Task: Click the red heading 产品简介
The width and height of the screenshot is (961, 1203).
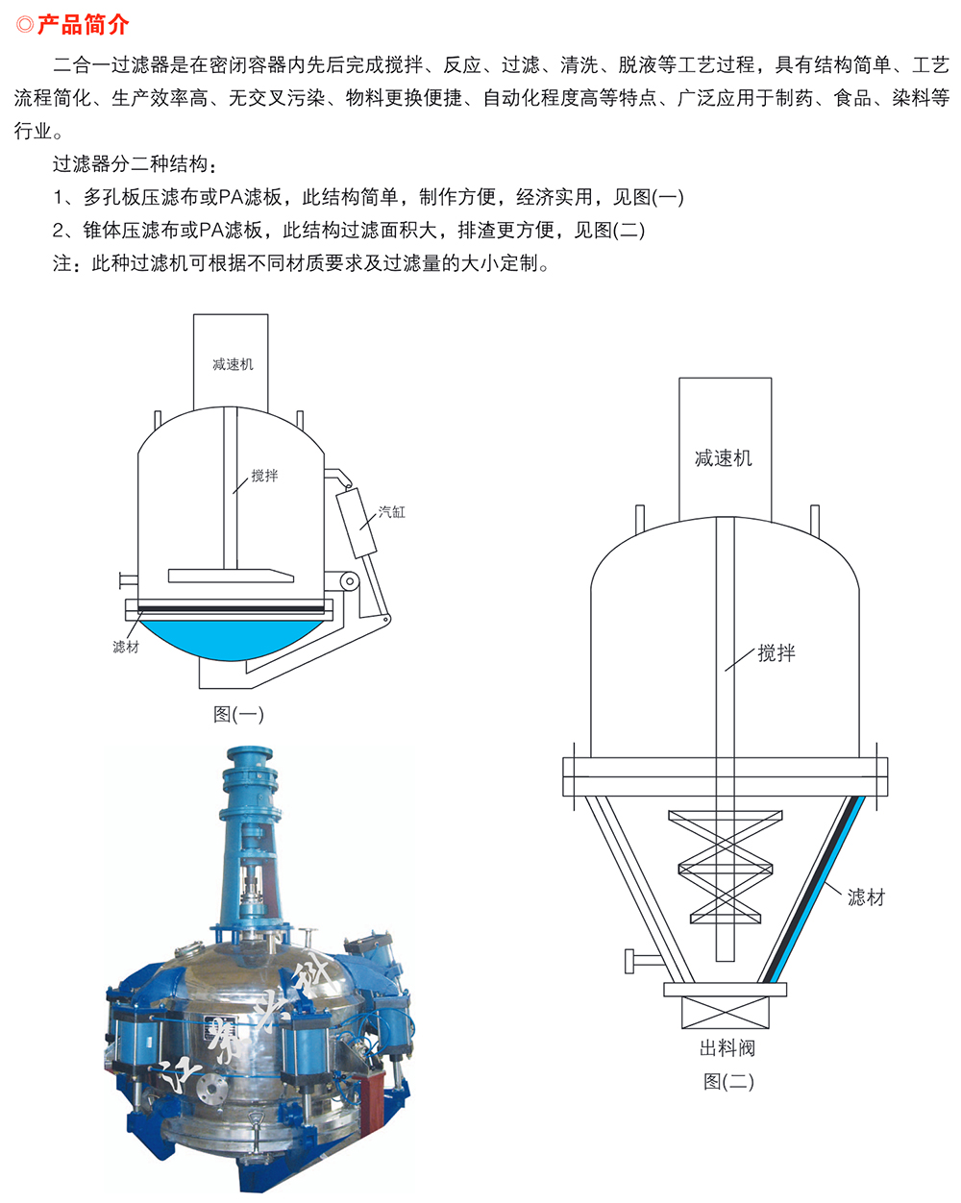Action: pyautogui.click(x=83, y=25)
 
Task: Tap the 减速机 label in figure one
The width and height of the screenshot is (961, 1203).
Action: pyautogui.click(x=233, y=364)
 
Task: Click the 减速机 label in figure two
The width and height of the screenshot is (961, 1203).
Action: pyautogui.click(x=724, y=458)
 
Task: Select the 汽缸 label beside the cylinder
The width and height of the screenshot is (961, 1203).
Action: pyautogui.click(x=391, y=512)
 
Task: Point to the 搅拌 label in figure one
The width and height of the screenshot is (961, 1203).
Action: pyautogui.click(x=264, y=476)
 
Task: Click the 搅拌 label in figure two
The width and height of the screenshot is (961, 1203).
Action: pyautogui.click(x=776, y=653)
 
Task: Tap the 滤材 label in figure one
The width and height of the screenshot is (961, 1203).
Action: pyautogui.click(x=126, y=647)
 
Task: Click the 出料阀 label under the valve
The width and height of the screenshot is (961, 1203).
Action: pyautogui.click(x=727, y=1048)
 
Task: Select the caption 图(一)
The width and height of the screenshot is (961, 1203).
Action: pyautogui.click(x=238, y=714)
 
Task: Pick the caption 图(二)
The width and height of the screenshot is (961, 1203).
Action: pyautogui.click(x=728, y=1082)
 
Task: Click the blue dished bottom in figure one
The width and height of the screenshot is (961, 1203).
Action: pyautogui.click(x=231, y=639)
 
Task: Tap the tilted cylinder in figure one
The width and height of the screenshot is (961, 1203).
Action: pyautogui.click(x=357, y=523)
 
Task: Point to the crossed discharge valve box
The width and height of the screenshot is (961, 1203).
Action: pyautogui.click(x=726, y=1013)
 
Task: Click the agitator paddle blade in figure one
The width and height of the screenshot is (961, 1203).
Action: pyautogui.click(x=231, y=576)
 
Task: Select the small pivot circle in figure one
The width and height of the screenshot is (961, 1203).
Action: pyautogui.click(x=350, y=581)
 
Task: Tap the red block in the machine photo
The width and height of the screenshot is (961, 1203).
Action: pyautogui.click(x=372, y=1098)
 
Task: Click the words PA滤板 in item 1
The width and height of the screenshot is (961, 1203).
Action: pyautogui.click(x=250, y=197)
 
